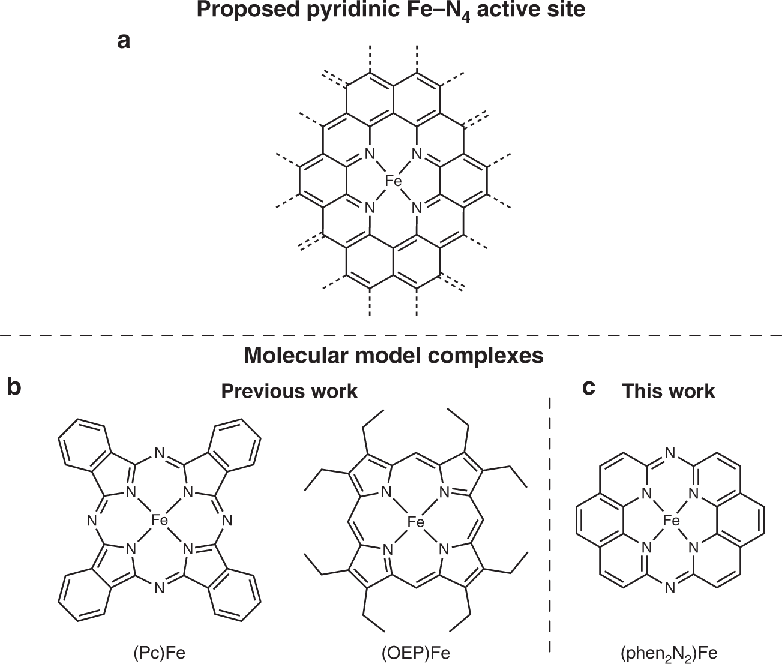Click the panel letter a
124,42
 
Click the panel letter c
589,387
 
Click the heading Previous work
289,391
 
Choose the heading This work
668,391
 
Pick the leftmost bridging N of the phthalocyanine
92,521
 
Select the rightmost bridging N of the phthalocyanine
227,521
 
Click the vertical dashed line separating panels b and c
550,522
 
